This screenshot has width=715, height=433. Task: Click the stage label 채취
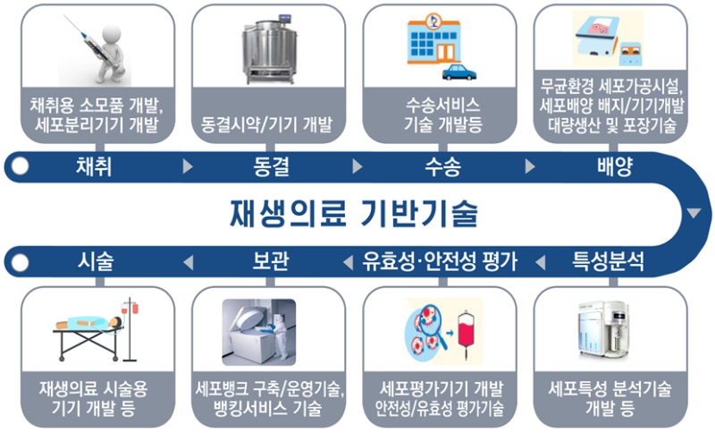coord(93,166)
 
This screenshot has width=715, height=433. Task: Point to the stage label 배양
coord(614,166)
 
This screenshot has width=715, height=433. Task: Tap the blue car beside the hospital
coord(456,71)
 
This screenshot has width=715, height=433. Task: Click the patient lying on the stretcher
coord(89,327)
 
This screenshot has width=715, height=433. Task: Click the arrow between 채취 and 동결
coord(187,166)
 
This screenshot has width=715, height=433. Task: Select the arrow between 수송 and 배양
coord(529,166)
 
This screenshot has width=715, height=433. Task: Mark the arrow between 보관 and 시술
coord(187,262)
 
